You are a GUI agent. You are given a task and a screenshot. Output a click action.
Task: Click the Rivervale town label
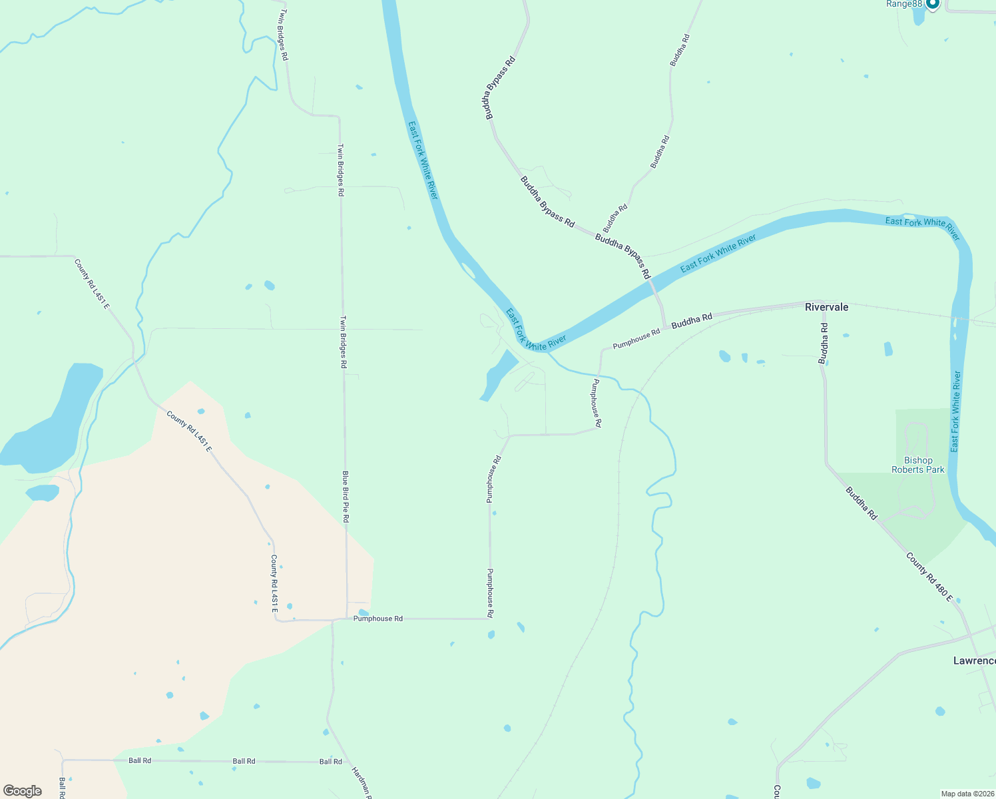coord(826,307)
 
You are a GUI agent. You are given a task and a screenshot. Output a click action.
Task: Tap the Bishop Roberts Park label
coord(917,465)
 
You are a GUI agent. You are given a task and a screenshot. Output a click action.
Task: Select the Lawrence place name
coord(974,661)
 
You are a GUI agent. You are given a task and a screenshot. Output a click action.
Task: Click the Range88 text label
coord(903,4)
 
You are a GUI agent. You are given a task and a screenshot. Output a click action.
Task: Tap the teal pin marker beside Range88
coord(932,4)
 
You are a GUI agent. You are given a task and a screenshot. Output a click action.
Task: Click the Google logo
coord(22,791)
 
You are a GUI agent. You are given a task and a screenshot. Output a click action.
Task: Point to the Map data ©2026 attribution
coord(967,794)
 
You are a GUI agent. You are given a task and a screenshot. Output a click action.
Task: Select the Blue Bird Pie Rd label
coord(346,496)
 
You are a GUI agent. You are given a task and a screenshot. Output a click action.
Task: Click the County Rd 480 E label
coord(929,577)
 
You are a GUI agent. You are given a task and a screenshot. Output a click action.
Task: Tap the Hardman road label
coord(362,783)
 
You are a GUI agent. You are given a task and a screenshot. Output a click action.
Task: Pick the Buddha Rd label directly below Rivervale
coord(824,344)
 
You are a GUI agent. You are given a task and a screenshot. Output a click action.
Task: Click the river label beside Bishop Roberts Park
coord(956,411)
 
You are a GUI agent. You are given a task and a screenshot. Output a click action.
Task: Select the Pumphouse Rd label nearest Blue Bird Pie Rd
coord(377,619)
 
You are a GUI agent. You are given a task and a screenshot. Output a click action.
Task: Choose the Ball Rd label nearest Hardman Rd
coord(330,761)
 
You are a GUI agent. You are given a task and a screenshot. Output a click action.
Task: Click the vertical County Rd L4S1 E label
coord(274,584)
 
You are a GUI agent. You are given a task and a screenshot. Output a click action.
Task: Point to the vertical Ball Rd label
coord(61,788)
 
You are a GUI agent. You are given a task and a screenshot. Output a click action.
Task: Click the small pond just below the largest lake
coord(43,493)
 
